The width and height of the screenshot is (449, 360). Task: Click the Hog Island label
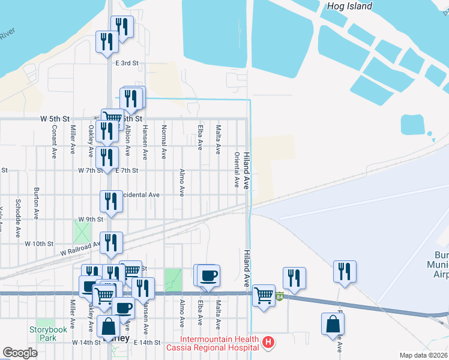click(350, 7)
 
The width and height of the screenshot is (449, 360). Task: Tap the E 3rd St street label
click(127, 63)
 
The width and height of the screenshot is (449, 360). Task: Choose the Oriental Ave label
click(237, 170)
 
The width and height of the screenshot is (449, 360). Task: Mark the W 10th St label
click(40, 244)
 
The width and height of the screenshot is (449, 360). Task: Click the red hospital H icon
click(269, 343)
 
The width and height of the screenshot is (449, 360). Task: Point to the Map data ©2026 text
click(423, 355)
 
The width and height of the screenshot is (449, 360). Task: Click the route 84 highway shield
click(279, 296)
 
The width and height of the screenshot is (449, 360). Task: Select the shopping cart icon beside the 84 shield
click(264, 295)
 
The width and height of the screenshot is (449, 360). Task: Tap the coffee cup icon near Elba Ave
click(208, 275)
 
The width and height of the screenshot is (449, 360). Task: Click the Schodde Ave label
click(19, 212)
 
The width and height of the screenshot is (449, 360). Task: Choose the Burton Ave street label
click(37, 205)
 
